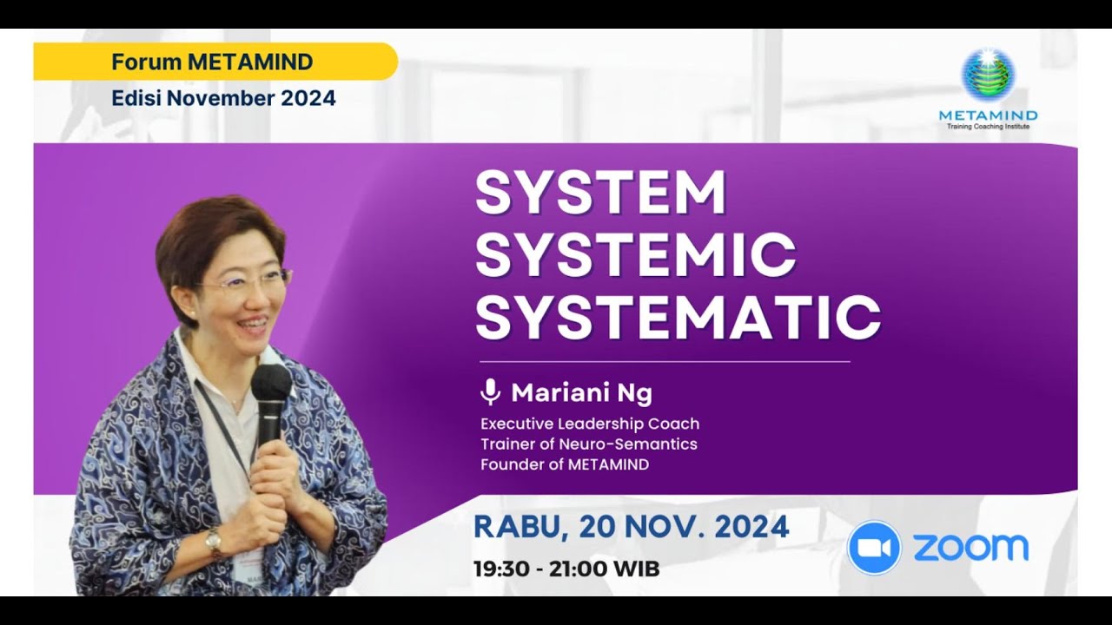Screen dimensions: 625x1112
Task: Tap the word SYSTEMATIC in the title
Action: pos(678,317)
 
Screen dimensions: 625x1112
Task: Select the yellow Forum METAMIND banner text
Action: pos(212,62)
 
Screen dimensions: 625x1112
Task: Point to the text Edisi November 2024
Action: pos(223,98)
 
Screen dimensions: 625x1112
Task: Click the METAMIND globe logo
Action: pos(988,75)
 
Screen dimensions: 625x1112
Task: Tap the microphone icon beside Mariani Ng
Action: pos(490,392)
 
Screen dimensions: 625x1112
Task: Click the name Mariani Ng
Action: pos(581,393)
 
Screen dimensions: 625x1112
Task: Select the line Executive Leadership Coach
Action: pos(589,424)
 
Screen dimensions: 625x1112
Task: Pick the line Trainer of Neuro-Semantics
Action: pos(588,444)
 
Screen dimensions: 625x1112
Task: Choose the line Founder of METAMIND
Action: pos(565,464)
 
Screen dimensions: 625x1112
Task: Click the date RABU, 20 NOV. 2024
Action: pos(631,527)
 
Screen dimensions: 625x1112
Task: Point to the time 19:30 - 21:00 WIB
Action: pos(566,569)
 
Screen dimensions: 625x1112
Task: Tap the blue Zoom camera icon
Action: pos(874,548)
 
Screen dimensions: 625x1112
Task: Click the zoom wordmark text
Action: pos(970,548)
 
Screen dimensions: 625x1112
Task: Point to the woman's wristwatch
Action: pos(213,543)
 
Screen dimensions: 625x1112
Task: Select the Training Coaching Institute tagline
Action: pos(988,127)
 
